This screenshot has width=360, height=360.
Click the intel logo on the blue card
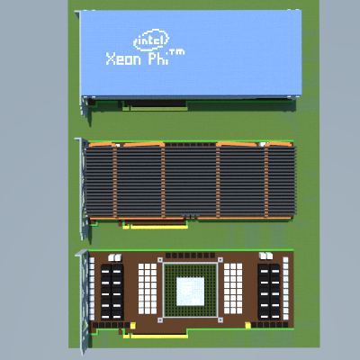click(x=151, y=40)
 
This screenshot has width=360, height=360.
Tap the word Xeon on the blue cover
click(x=123, y=58)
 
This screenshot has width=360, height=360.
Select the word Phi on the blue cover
click(x=157, y=58)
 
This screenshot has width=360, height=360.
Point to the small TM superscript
click(x=177, y=52)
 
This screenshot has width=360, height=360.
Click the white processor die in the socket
click(x=190, y=292)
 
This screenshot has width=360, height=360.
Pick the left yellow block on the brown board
click(x=133, y=325)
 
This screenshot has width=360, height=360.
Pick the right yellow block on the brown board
click(x=248, y=325)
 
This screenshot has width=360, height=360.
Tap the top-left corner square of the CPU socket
click(x=160, y=260)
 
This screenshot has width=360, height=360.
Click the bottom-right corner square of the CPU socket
click(x=220, y=320)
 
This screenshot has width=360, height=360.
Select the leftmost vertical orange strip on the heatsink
click(x=115, y=182)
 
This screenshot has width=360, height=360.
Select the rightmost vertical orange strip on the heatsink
click(x=266, y=182)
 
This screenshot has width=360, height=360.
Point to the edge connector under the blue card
click(x=156, y=108)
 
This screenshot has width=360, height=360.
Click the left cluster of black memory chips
click(x=112, y=292)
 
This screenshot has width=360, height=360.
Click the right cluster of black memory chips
click(x=269, y=292)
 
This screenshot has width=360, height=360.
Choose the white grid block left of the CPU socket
click(x=148, y=289)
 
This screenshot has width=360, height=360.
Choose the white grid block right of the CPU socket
click(x=233, y=289)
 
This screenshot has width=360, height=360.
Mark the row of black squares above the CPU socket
click(x=190, y=256)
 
